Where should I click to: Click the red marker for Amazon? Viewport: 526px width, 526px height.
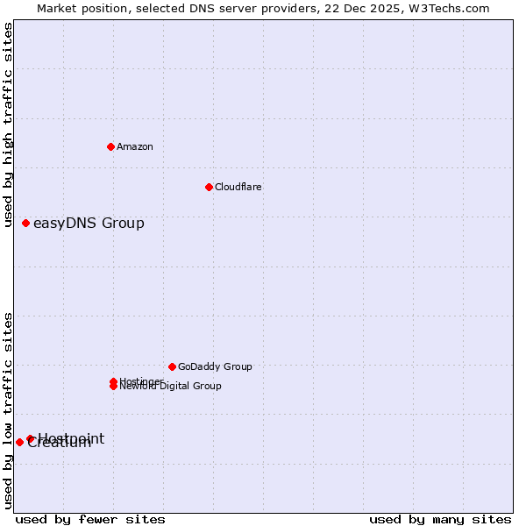(x=110, y=146)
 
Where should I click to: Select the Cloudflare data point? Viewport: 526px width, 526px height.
(x=209, y=187)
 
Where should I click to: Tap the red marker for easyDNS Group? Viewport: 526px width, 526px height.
(x=26, y=223)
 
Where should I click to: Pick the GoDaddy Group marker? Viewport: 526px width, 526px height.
(x=172, y=366)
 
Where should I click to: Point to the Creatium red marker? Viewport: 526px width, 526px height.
(x=19, y=442)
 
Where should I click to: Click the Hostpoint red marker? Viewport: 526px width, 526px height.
(x=30, y=438)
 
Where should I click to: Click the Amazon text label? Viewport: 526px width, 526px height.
(x=135, y=146)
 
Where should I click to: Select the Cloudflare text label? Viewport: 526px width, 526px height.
(x=238, y=187)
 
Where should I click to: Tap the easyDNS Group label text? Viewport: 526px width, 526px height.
(x=89, y=223)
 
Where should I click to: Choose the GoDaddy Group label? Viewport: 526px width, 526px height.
(x=215, y=366)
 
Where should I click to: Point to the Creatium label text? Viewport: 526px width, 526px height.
(x=60, y=444)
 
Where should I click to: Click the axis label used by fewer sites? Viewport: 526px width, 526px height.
(x=90, y=519)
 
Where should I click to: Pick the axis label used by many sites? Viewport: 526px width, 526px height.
(x=440, y=519)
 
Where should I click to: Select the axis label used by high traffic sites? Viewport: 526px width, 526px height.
(x=9, y=124)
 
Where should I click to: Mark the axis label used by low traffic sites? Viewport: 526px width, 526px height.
(x=9, y=410)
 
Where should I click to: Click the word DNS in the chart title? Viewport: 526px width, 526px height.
(x=191, y=8)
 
